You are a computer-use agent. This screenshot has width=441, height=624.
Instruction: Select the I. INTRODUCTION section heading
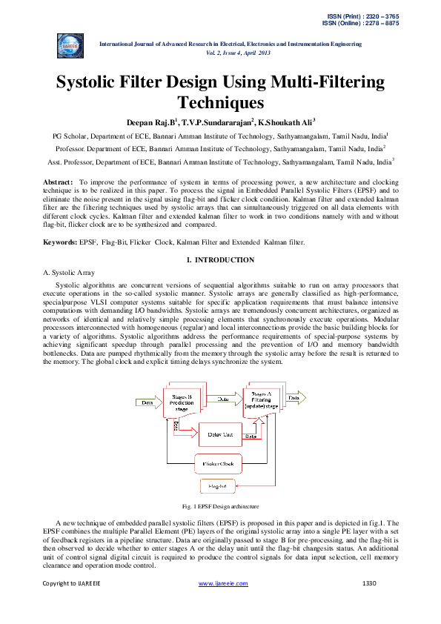(x=220, y=259)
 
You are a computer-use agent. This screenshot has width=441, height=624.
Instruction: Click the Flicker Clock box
(x=218, y=464)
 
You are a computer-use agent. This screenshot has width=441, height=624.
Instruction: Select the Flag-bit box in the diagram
(x=216, y=486)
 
